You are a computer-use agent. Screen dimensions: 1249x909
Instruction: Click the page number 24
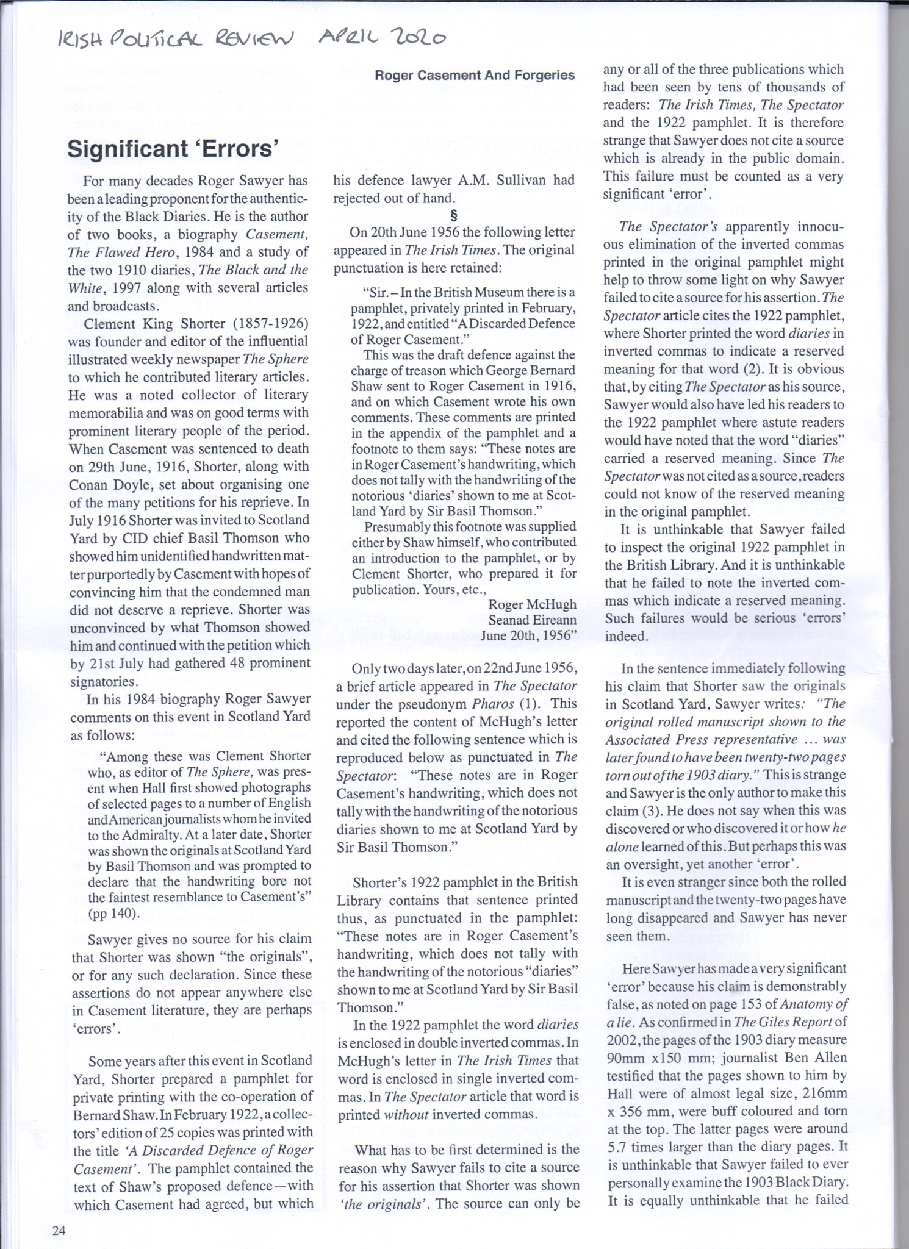point(59,1230)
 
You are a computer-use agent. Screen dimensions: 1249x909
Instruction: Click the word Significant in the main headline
point(126,148)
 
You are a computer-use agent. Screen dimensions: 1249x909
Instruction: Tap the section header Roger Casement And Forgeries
point(474,75)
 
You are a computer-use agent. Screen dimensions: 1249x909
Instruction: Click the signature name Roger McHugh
point(532,604)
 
